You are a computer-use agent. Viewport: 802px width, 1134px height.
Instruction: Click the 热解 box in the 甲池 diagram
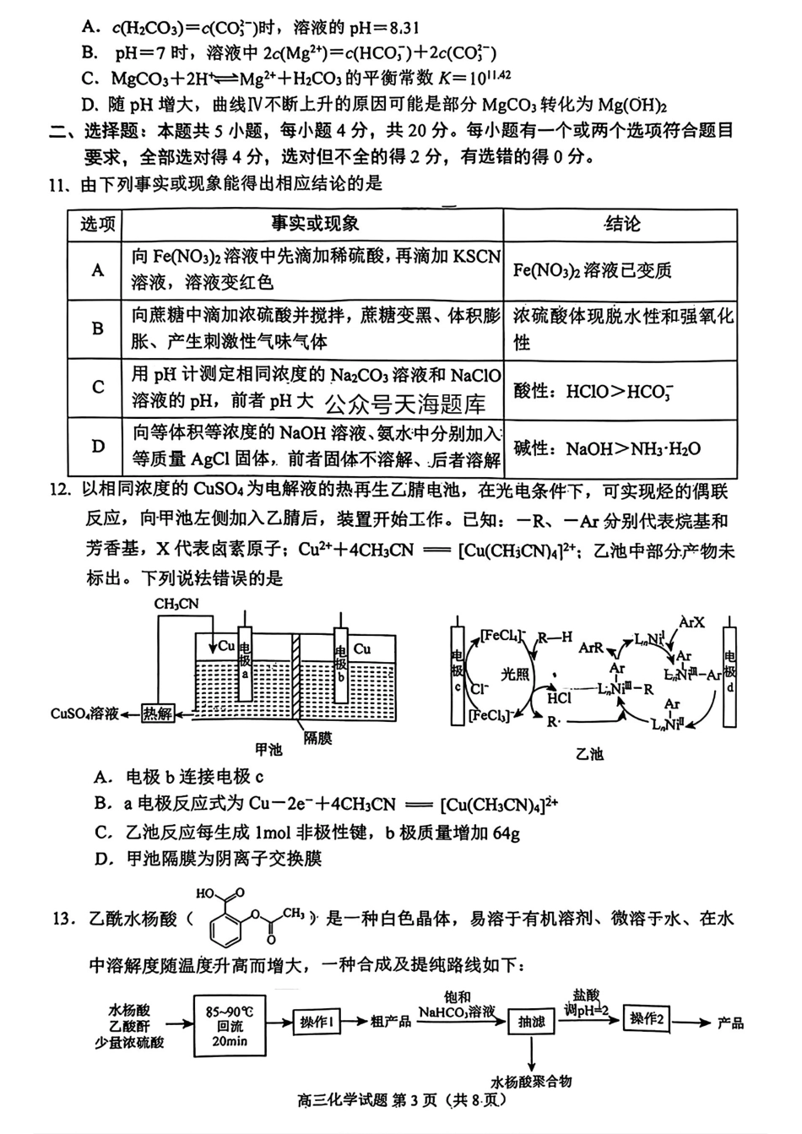[157, 713]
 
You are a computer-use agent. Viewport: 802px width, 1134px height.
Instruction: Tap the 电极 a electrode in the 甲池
[245, 663]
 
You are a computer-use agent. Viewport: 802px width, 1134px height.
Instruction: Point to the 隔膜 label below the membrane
[317, 738]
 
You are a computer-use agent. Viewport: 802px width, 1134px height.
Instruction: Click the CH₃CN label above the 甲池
[176, 604]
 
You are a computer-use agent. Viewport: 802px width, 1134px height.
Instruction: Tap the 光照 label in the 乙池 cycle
[515, 674]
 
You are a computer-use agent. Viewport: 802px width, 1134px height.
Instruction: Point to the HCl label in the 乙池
[559, 697]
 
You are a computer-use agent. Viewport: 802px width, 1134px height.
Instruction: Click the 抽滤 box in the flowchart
[531, 1023]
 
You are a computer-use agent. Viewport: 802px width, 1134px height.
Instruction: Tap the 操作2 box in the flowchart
[647, 1019]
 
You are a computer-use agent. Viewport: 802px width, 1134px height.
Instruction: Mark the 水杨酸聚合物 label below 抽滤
[531, 1081]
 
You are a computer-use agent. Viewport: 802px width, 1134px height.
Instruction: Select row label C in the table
[98, 388]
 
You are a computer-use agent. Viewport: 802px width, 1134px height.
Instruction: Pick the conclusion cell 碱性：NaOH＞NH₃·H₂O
[606, 448]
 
